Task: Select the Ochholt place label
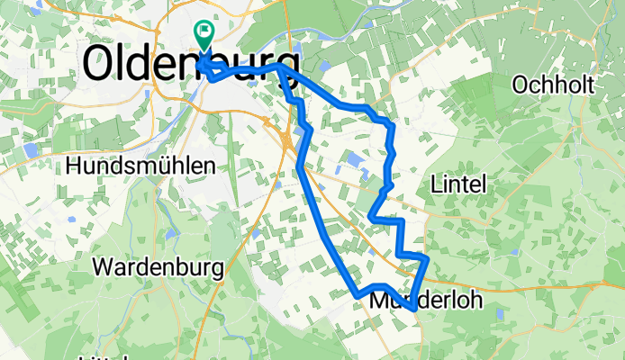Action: click(552, 85)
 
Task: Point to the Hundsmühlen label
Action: click(140, 166)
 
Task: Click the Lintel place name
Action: click(459, 184)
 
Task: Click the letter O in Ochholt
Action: click(519, 85)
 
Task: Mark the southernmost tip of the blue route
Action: click(412, 309)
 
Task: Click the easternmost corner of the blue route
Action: click(427, 259)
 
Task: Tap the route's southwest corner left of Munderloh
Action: click(358, 294)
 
